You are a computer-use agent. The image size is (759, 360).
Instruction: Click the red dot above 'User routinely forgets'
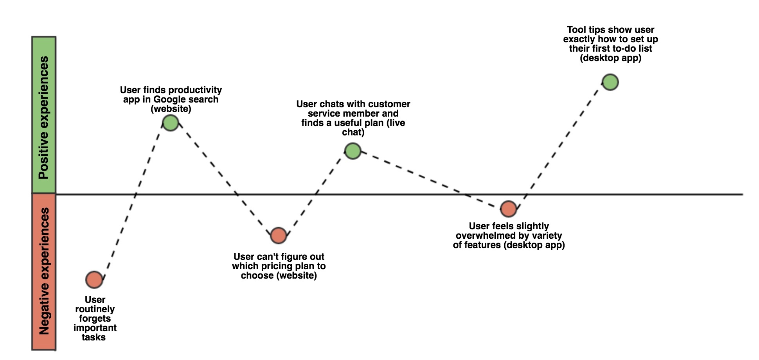(x=94, y=280)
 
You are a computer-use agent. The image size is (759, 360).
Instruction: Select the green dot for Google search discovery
(x=171, y=123)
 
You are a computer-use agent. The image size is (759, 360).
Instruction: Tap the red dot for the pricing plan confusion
(x=279, y=236)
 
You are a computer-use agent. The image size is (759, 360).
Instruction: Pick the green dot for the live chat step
(x=353, y=151)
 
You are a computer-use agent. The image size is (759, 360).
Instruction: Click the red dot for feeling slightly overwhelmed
(x=509, y=209)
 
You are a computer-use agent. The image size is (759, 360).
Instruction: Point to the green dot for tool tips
(x=610, y=82)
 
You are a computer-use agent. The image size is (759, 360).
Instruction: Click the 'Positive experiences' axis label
(x=44, y=118)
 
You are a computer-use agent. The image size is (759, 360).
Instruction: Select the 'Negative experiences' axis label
(x=44, y=271)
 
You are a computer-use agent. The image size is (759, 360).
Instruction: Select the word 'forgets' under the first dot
(x=95, y=319)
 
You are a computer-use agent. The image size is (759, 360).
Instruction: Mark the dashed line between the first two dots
(x=133, y=201)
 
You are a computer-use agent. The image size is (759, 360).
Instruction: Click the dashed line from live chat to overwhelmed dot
(x=431, y=180)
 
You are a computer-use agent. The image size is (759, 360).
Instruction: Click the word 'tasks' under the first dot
(x=94, y=337)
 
